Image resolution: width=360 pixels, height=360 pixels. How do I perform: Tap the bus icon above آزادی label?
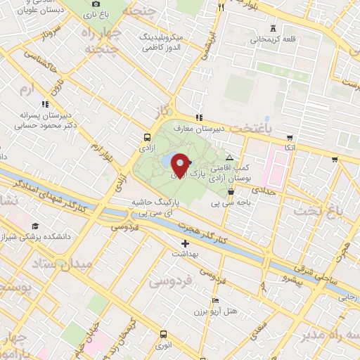(147, 138)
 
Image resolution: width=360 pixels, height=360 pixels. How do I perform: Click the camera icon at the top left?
(96, 4)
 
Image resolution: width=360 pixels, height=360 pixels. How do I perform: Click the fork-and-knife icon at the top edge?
(221, 7)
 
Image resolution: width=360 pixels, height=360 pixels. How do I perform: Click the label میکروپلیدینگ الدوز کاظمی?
(162, 42)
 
